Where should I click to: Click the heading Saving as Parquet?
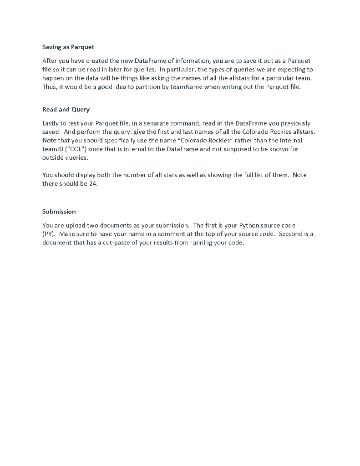(x=68, y=47)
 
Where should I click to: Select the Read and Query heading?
(x=66, y=109)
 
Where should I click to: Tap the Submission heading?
(x=59, y=212)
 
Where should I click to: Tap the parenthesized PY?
(x=49, y=234)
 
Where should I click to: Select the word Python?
(x=248, y=225)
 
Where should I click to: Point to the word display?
(x=75, y=175)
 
